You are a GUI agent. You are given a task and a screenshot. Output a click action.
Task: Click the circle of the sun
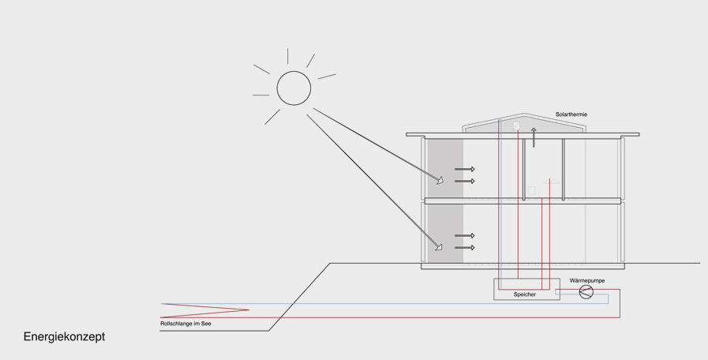pyautogui.click(x=294, y=88)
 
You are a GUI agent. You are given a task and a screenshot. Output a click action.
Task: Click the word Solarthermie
pyautogui.click(x=571, y=114)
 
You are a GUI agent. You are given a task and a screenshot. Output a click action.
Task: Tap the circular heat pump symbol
pyautogui.click(x=586, y=292)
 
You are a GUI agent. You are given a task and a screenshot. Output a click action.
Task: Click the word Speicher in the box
pyautogui.click(x=524, y=294)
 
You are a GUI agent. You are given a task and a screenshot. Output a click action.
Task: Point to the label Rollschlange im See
pyautogui.click(x=185, y=324)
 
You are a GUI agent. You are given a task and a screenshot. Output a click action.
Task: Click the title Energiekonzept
pyautogui.click(x=64, y=337)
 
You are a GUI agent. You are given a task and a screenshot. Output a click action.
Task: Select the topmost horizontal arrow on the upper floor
pyautogui.click(x=464, y=169)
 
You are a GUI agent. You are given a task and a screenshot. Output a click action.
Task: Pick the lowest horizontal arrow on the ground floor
pyautogui.click(x=464, y=248)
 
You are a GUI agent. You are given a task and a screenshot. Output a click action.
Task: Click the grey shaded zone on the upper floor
pyautogui.click(x=444, y=169)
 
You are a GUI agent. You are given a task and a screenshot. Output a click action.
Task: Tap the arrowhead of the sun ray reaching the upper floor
pyautogui.click(x=440, y=180)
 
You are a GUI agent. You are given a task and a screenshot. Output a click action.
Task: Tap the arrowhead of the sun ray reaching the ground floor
pyautogui.click(x=439, y=247)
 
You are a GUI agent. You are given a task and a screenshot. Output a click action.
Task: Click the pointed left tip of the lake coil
pyautogui.click(x=162, y=304)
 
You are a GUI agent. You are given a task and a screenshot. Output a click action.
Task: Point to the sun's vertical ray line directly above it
pyautogui.click(x=287, y=56)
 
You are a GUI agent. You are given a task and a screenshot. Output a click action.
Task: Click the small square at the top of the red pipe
pyautogui.click(x=517, y=126)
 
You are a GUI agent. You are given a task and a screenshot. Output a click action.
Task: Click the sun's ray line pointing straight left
pyautogui.click(x=260, y=96)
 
